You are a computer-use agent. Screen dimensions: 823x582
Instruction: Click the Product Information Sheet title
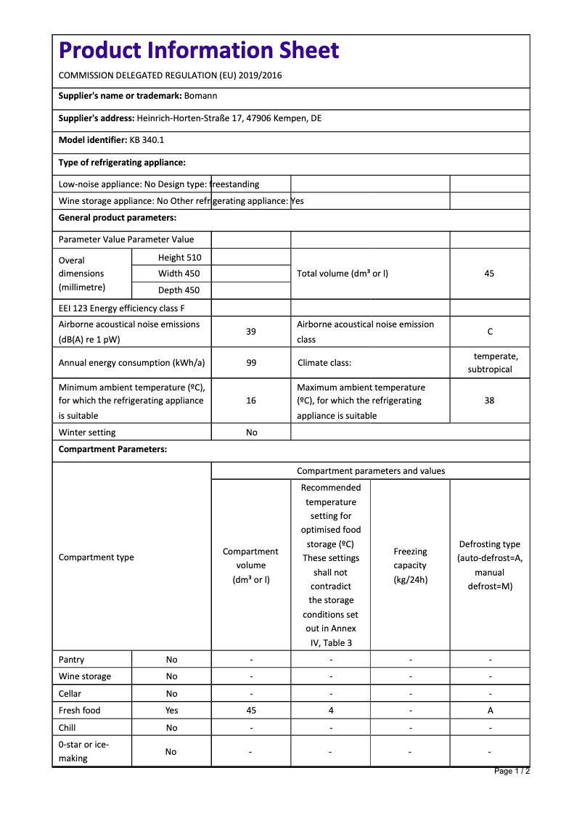pos(199,50)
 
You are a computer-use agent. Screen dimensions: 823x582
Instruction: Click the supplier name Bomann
pos(201,96)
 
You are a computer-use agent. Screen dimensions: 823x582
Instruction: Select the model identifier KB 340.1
pos(147,140)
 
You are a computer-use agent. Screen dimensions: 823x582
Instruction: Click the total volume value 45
pos(489,274)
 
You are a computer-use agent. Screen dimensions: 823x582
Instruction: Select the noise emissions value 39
pos(251,332)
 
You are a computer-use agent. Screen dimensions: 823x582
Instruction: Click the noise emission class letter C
pos(490,332)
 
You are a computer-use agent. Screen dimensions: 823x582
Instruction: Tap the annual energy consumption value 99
pos(251,363)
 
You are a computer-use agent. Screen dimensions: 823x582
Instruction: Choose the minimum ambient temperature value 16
pos(251,401)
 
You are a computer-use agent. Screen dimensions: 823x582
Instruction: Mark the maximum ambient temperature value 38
pos(489,401)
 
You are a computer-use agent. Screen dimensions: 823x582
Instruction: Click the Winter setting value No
pos(251,433)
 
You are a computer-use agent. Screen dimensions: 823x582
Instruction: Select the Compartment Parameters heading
pos(112,449)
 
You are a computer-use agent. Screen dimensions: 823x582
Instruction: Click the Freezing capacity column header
pos(410,565)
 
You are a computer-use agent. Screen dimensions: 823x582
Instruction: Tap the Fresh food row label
pos(80,711)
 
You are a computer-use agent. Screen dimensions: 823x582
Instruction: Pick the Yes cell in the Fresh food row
pos(171,711)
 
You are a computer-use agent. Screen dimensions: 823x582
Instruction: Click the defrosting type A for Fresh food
pos(490,711)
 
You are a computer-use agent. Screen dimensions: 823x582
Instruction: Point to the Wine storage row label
pos(85,676)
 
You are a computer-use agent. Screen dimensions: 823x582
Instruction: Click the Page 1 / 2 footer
pos(512,771)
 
